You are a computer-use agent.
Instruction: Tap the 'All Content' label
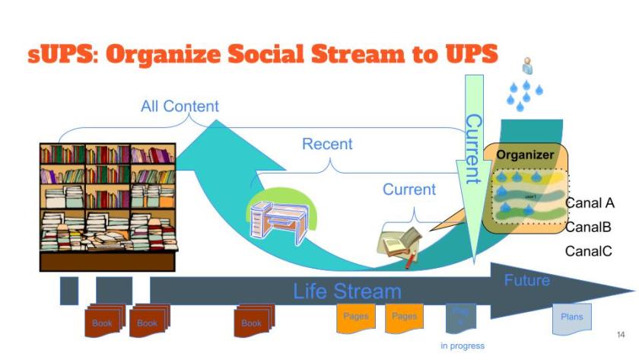[x=180, y=107]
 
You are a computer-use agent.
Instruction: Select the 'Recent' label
[x=327, y=144]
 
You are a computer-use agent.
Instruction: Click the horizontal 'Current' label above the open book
[x=409, y=190]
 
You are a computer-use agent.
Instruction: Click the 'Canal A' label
[x=590, y=203]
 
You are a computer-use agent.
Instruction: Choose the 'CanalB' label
[x=589, y=227]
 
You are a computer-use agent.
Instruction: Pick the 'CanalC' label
[x=589, y=251]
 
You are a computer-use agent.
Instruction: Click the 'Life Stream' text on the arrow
[x=347, y=291]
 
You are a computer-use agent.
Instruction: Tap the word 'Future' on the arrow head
[x=527, y=281]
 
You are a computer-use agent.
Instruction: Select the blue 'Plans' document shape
[x=571, y=317]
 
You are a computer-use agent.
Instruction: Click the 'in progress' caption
[x=463, y=346]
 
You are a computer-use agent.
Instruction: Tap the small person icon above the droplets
[x=526, y=66]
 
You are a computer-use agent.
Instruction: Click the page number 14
[x=620, y=335]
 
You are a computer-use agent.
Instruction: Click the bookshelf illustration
[x=107, y=205]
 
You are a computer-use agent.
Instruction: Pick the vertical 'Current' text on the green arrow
[x=473, y=149]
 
